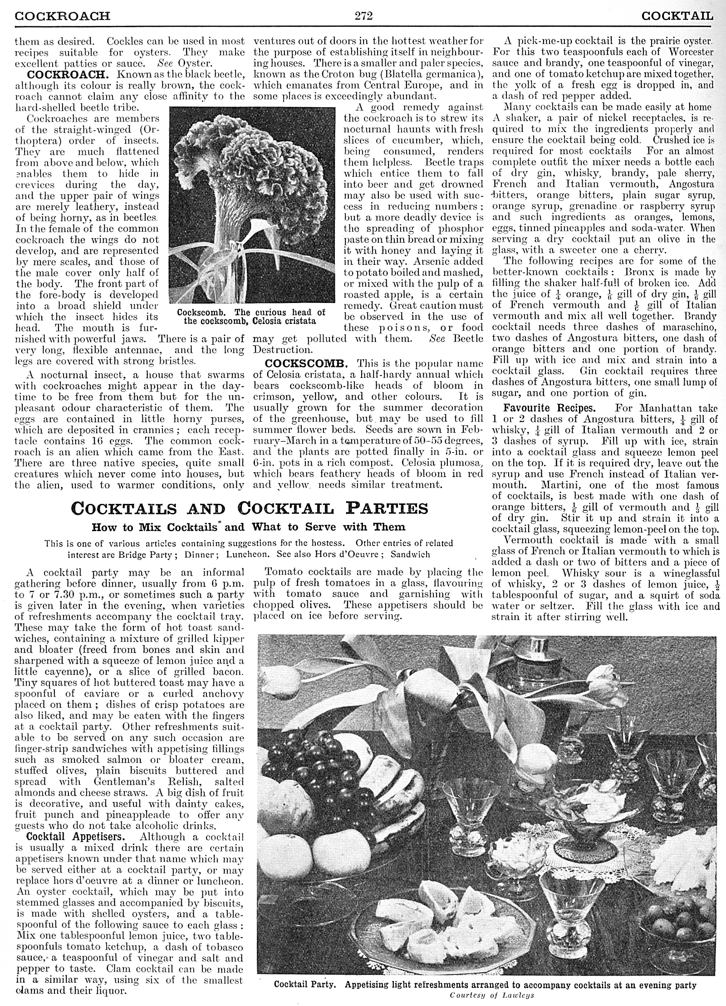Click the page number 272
point(363,17)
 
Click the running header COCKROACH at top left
point(62,17)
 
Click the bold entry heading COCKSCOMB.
point(306,363)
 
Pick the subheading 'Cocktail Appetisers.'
point(75,837)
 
